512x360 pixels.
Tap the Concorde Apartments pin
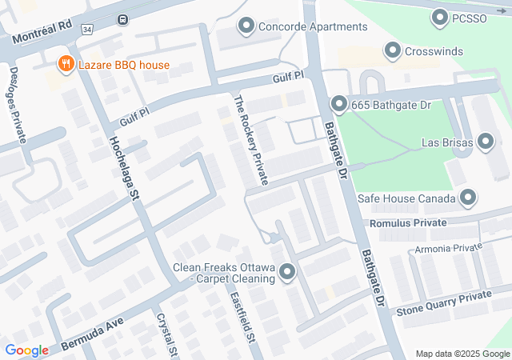click(x=246, y=26)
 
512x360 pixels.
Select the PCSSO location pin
click(x=439, y=16)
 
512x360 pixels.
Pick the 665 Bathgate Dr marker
click(x=338, y=104)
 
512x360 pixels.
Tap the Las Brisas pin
click(x=486, y=143)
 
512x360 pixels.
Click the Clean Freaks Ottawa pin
click(x=287, y=274)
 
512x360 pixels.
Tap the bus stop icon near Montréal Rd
click(x=122, y=19)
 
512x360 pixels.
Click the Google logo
click(x=26, y=350)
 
